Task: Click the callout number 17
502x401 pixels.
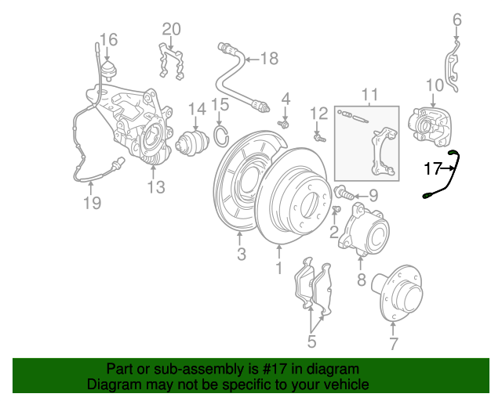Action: pos(433,168)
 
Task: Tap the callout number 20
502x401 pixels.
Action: pos(171,29)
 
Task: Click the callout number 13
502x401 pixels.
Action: pos(156,187)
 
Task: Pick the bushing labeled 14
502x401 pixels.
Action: pos(192,144)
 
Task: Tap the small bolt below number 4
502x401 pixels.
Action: pos(284,124)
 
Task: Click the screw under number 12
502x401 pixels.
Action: pos(319,138)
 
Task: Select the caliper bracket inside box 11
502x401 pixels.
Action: pos(384,151)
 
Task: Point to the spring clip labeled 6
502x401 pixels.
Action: pos(452,67)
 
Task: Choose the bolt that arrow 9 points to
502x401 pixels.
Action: pos(344,193)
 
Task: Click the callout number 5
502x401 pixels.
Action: pos(311,341)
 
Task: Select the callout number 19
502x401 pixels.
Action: pos(93,203)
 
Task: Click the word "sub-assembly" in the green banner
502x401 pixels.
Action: pos(198,370)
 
